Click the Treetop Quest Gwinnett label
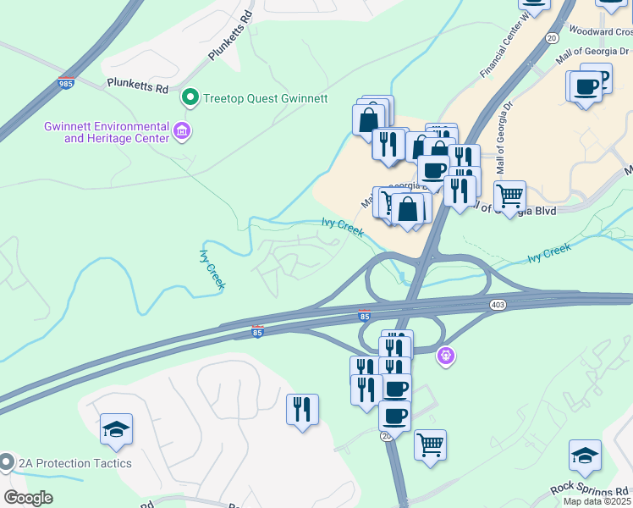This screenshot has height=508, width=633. (265, 98)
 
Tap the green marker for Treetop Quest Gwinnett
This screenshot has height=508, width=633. (191, 98)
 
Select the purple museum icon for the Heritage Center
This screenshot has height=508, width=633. (181, 131)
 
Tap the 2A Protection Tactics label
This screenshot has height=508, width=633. (76, 463)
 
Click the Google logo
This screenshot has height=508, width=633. (28, 498)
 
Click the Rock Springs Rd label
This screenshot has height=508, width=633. (590, 489)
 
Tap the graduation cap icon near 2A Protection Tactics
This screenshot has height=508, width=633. (116, 429)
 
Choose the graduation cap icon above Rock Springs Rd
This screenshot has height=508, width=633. (585, 455)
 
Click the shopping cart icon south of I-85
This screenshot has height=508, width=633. (430, 443)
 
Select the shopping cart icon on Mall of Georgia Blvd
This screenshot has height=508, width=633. (509, 196)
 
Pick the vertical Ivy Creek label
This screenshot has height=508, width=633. (212, 269)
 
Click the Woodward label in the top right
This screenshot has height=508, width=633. (604, 30)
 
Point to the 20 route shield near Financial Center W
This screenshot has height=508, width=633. (552, 38)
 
